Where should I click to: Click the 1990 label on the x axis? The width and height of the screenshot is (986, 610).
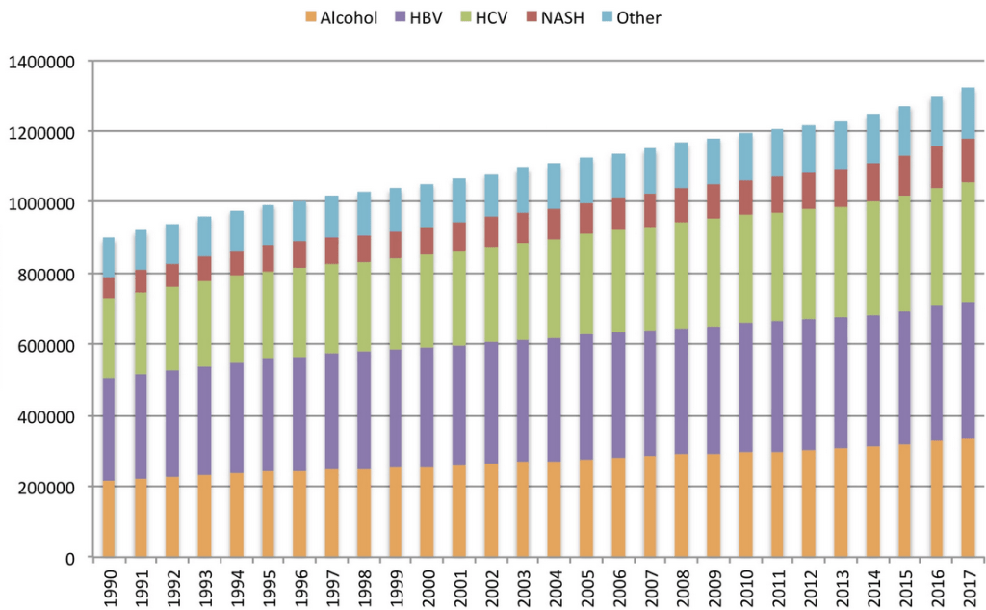(x=109, y=585)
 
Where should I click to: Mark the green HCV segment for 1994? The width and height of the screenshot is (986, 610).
(x=236, y=319)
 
